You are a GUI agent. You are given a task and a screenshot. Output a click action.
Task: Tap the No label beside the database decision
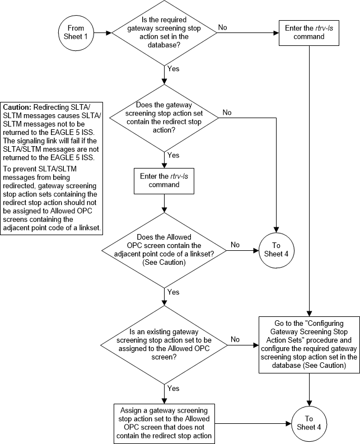pyautogui.click(x=222, y=27)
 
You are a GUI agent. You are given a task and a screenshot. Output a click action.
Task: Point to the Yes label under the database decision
pyautogui.click(x=174, y=69)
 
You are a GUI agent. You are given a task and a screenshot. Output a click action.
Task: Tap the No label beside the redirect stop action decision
pyautogui.click(x=227, y=113)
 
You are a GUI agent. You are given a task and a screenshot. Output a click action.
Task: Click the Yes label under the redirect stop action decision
pyautogui.click(x=174, y=155)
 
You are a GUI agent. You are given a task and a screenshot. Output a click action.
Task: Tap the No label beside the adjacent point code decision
pyautogui.click(x=236, y=245)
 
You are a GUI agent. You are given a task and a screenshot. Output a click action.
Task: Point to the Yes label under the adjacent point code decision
pyautogui.click(x=174, y=292)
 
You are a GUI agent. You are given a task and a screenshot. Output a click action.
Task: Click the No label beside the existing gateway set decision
pyautogui.click(x=236, y=339)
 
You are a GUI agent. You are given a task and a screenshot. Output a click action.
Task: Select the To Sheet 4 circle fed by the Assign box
pyautogui.click(x=310, y=420)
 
